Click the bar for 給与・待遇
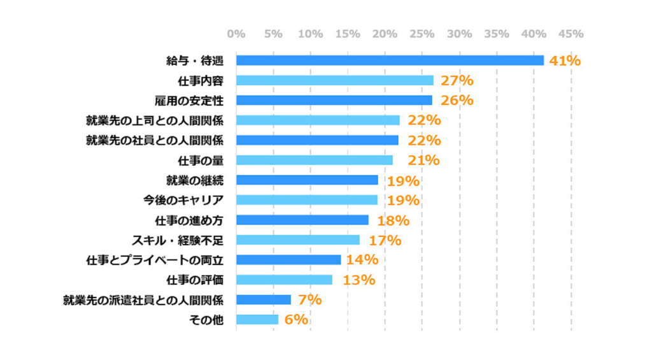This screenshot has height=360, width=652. [390, 61]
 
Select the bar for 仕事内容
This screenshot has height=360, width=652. [335, 80]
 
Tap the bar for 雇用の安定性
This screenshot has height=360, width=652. [334, 100]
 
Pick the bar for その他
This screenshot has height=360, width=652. [257, 319]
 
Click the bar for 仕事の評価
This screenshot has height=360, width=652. [284, 280]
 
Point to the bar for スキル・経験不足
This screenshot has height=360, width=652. [298, 240]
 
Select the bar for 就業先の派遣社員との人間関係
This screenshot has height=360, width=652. [264, 299]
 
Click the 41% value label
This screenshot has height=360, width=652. [565, 61]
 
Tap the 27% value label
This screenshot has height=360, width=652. [457, 80]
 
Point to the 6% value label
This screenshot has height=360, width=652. [296, 319]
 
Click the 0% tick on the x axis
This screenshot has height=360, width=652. [236, 34]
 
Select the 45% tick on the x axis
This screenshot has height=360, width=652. [570, 34]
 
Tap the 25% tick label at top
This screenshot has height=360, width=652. [422, 34]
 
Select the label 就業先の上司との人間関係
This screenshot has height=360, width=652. [155, 120]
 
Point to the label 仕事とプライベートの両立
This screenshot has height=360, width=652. [155, 260]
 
